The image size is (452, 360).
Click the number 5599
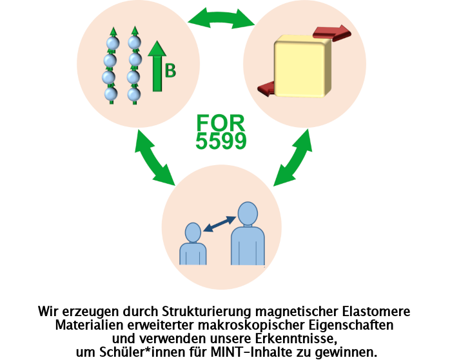(x=221, y=141)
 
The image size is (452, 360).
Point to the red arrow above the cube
(x=332, y=33)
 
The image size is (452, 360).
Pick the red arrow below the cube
(x=271, y=88)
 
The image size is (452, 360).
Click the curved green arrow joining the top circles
(x=221, y=17)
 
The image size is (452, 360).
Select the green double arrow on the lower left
(x=155, y=158)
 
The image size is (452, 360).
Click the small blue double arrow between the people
(x=219, y=223)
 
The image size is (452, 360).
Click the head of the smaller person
(x=193, y=232)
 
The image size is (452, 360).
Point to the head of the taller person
(x=248, y=214)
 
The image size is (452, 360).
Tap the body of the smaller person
(x=193, y=254)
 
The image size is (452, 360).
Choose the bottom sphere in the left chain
(x=112, y=94)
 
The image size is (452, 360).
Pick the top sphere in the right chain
(x=134, y=43)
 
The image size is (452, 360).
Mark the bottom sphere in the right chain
(x=133, y=94)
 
